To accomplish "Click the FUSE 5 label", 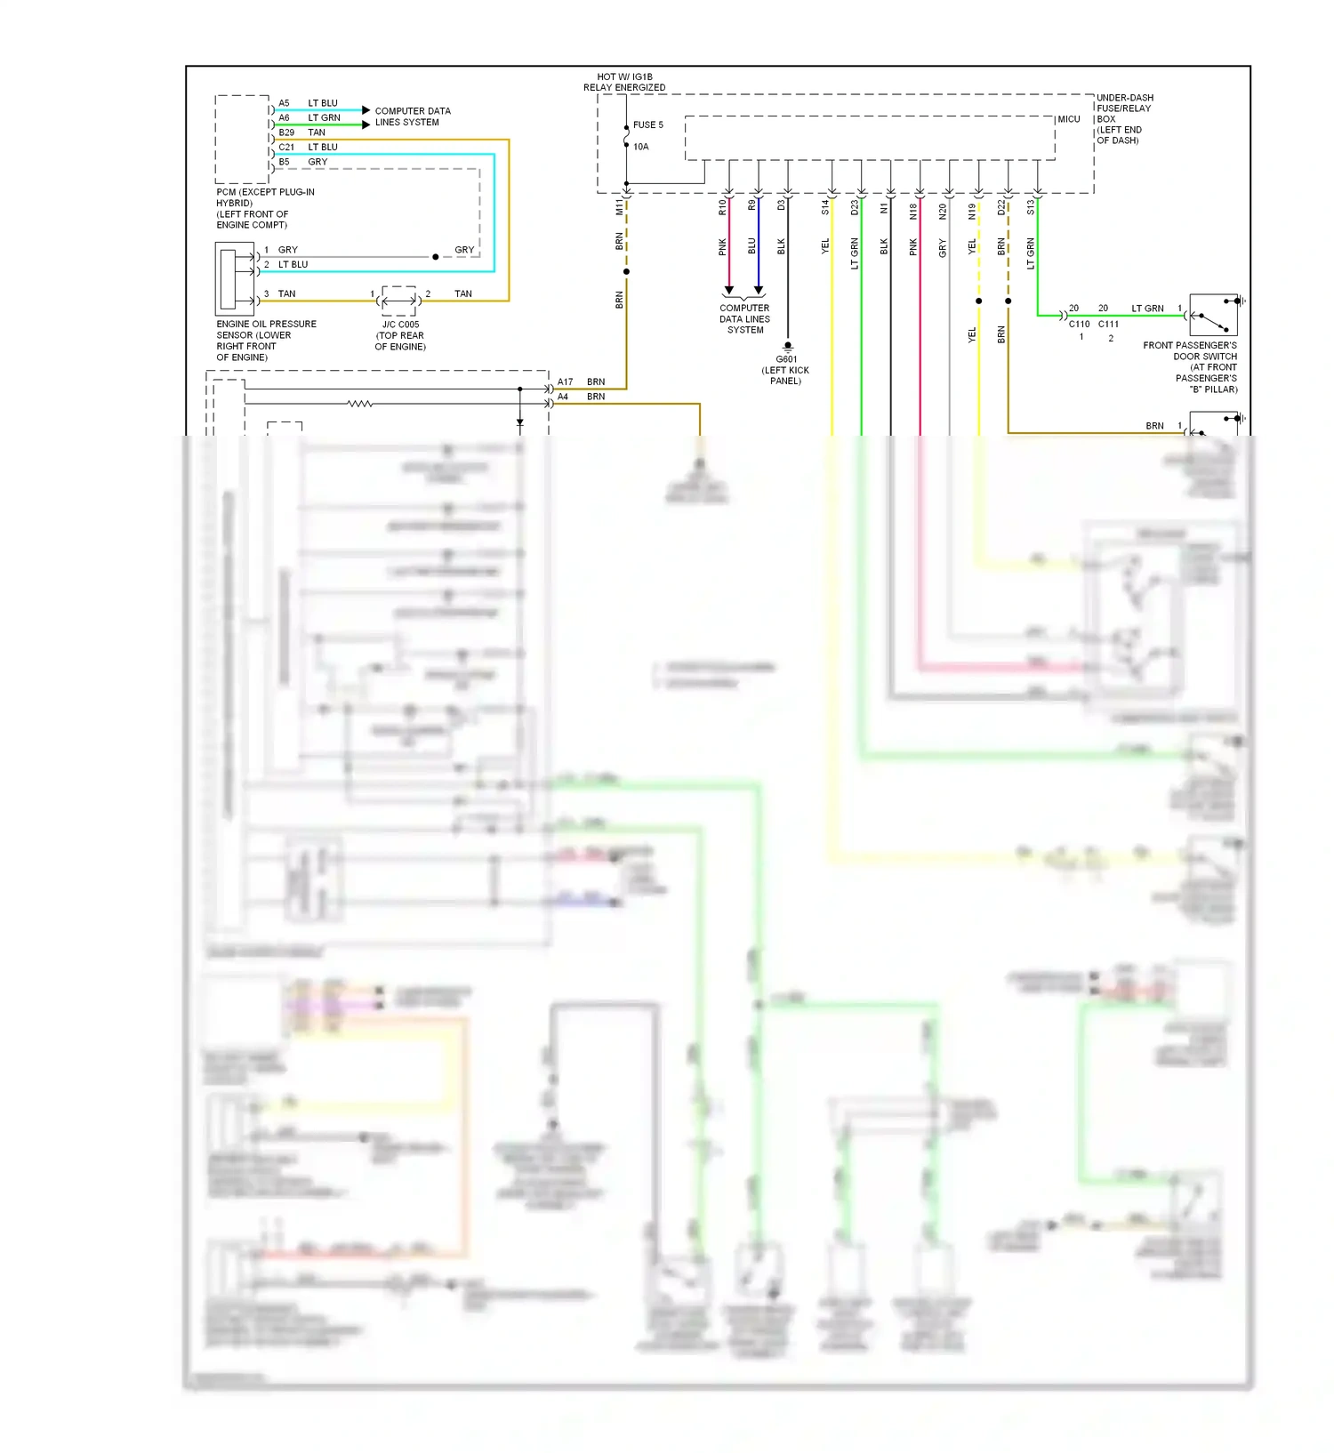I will pos(647,125).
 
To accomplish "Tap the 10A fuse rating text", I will pos(640,147).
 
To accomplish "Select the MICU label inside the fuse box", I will pos(1068,119).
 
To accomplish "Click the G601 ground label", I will pos(786,359).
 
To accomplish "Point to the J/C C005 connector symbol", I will pos(398,301).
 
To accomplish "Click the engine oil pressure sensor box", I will pos(235,279).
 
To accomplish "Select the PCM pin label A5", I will pos(284,103).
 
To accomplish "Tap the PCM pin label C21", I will pos(286,148).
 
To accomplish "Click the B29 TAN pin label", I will pos(286,132).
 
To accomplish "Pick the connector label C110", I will pos(1079,325).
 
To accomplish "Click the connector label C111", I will pos(1108,325).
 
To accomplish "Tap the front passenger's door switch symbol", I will pos(1213,315).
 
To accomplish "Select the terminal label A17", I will pos(565,382).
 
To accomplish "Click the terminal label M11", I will pos(619,207).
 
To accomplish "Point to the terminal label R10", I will pos(722,207).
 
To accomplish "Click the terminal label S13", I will pos(1031,207).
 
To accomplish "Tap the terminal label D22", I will pos(1001,207).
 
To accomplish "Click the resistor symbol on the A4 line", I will pos(359,404).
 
